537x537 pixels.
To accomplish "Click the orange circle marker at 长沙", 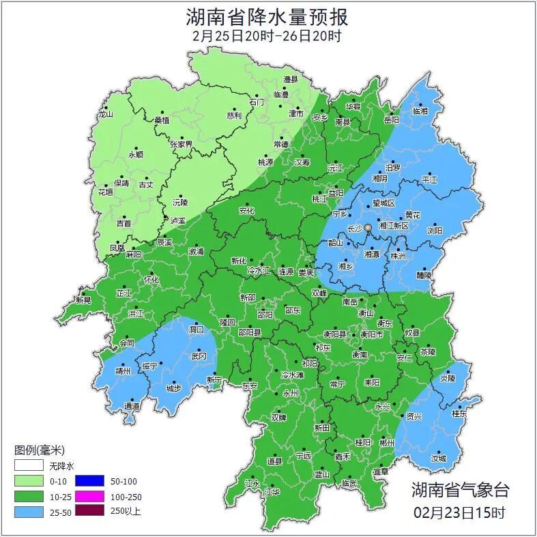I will click(368, 227).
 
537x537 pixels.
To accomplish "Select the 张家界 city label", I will click(182, 145).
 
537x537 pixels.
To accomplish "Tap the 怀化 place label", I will click(151, 280).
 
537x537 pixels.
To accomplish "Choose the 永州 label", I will click(291, 394).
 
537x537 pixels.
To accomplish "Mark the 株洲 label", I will click(398, 256).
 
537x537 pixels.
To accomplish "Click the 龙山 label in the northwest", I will click(104, 115).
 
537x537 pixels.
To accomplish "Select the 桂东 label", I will click(460, 413).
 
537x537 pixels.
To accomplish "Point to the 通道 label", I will click(132, 406).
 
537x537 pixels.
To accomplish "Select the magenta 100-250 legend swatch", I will click(89, 496).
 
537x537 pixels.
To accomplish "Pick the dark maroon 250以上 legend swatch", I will click(89, 510).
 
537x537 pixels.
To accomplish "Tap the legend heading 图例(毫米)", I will click(39, 450).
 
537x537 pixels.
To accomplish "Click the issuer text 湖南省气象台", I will click(459, 489).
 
